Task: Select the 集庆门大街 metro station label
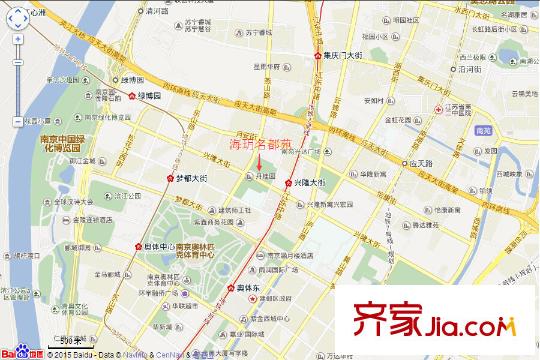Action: [349, 55]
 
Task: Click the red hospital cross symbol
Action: [438, 107]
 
